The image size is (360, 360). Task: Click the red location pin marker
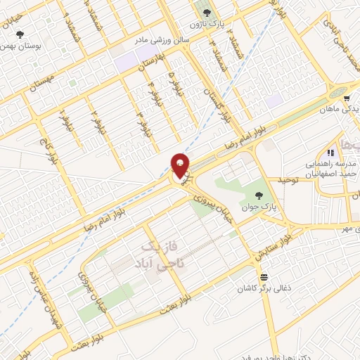[x=181, y=165]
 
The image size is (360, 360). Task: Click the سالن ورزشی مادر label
[x=165, y=41]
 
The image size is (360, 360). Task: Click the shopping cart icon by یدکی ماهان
[x=348, y=98]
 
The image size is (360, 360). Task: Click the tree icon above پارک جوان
[x=261, y=195]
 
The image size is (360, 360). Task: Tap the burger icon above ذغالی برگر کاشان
[x=264, y=276]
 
